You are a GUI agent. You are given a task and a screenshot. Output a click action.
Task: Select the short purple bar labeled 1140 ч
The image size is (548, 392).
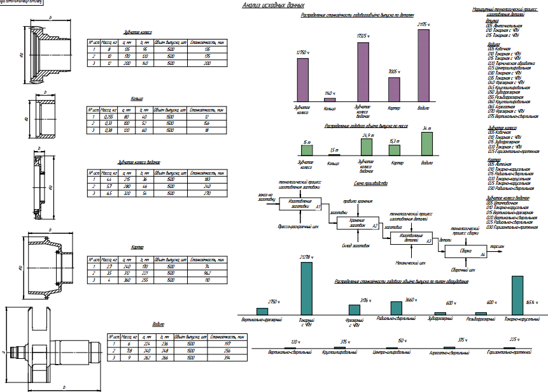click(330, 99)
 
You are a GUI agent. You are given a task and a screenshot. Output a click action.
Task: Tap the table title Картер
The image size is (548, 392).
click(137, 247)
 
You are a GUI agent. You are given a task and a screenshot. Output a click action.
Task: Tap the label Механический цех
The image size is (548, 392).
click(410, 261)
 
